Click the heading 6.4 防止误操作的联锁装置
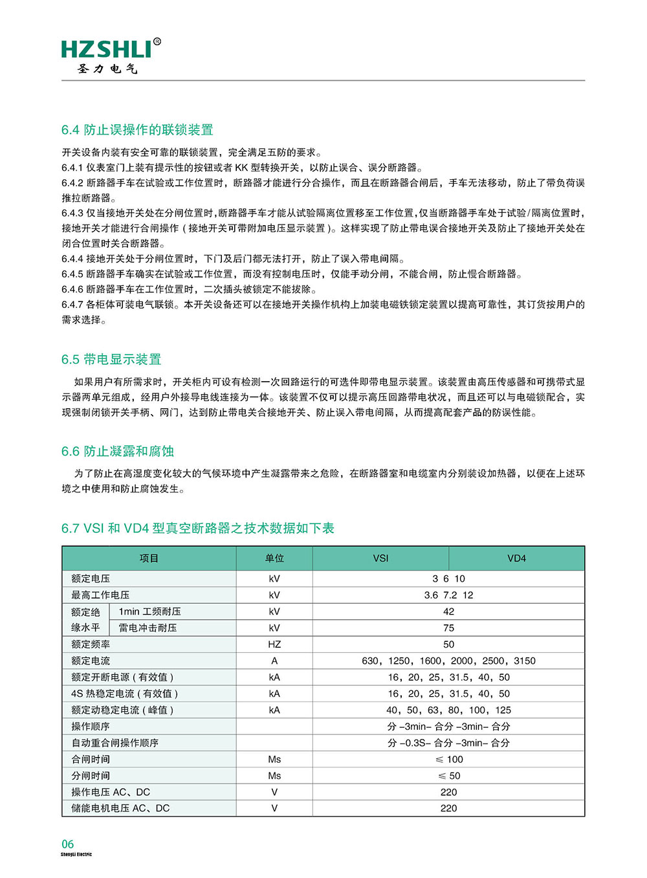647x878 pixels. click(x=137, y=130)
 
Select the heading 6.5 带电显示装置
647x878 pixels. click(x=111, y=360)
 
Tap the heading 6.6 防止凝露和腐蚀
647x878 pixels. click(x=118, y=452)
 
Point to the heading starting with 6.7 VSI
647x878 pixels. click(x=197, y=529)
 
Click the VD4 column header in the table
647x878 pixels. click(x=516, y=558)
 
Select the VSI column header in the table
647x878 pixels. click(x=380, y=558)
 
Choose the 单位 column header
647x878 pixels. click(x=274, y=558)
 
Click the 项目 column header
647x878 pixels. click(x=149, y=558)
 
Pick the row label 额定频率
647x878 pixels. click(x=91, y=644)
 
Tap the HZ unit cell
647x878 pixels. click(x=274, y=644)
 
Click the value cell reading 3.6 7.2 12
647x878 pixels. click(x=448, y=595)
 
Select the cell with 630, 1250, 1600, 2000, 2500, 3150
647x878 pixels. click(x=448, y=661)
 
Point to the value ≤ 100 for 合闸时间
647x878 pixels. click(x=448, y=760)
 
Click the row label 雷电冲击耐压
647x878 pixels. click(x=148, y=628)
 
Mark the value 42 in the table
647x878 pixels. click(x=448, y=611)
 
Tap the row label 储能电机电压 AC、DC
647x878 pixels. click(x=120, y=808)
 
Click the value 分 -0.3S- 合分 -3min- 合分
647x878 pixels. click(x=448, y=743)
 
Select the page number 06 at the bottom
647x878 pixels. click(x=68, y=844)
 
